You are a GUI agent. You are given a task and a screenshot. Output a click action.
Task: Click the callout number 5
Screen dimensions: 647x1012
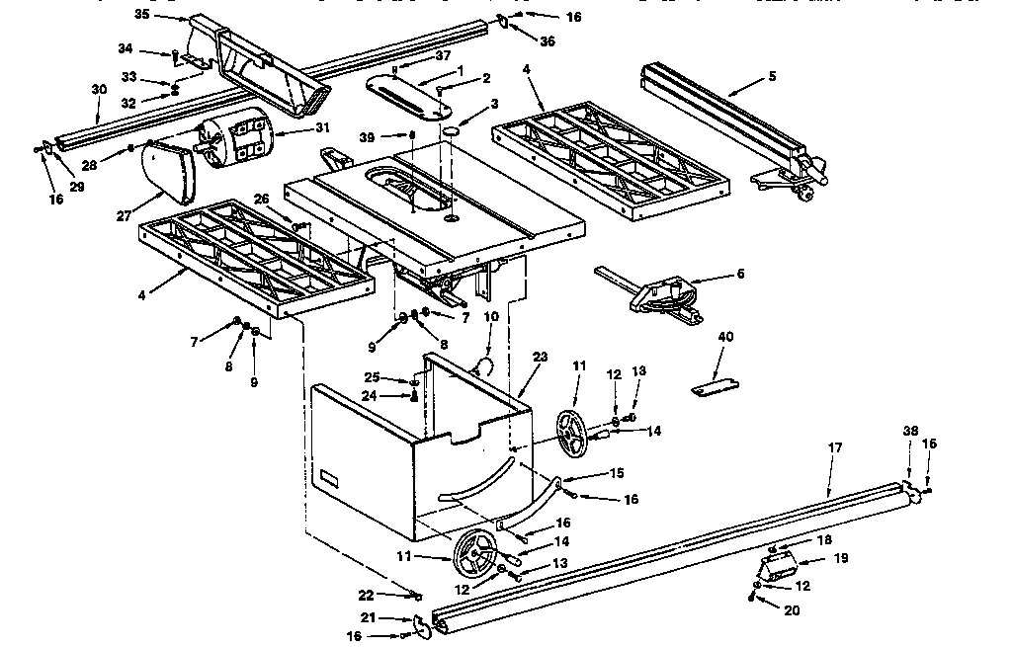[772, 76]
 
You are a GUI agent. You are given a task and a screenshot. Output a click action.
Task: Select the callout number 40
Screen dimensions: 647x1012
[726, 338]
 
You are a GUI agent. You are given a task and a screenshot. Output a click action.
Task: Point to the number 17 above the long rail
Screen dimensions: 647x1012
[835, 447]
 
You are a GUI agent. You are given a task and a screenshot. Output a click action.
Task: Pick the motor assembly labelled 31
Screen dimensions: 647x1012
[237, 137]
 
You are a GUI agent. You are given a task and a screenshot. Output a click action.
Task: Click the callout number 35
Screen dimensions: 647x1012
[141, 15]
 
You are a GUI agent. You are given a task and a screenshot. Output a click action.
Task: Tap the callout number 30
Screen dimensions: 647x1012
[98, 90]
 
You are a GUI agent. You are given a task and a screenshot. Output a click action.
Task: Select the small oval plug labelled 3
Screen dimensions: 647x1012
[451, 129]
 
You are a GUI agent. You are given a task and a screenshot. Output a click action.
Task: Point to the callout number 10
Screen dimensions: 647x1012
[491, 316]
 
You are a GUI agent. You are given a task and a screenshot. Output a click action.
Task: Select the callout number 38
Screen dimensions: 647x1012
[910, 431]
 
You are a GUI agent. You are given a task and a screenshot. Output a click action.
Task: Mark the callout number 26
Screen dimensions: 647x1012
[261, 198]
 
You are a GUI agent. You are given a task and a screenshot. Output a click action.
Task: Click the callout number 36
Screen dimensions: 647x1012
[547, 40]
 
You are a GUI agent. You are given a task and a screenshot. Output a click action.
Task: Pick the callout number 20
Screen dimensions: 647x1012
[791, 609]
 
